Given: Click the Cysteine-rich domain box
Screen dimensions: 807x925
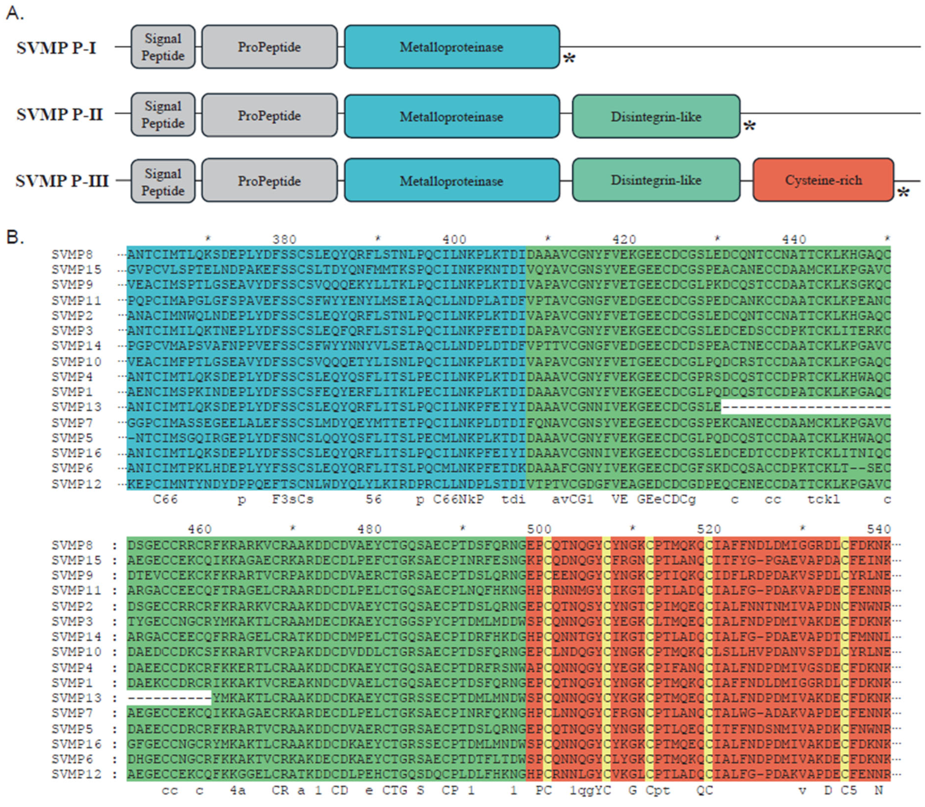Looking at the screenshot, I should click(x=823, y=180).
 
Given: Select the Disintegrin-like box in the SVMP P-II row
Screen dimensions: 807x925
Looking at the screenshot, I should click(x=656, y=117).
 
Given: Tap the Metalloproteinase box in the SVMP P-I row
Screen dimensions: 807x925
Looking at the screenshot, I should click(x=451, y=47).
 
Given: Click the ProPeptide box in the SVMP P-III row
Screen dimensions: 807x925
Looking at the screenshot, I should click(x=269, y=181).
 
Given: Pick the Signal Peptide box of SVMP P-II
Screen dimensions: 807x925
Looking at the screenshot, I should click(x=163, y=115).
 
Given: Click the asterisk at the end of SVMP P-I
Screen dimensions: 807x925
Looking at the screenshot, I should click(x=569, y=59).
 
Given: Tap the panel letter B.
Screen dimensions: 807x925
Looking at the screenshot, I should click(x=14, y=237).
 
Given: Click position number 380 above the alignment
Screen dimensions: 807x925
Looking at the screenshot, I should click(x=284, y=239).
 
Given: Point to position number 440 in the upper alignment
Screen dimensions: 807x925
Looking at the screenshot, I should click(x=794, y=239).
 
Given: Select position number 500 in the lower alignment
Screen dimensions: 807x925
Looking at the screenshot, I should click(x=539, y=529).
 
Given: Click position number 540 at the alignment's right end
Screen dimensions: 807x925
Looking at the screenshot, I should click(x=879, y=529).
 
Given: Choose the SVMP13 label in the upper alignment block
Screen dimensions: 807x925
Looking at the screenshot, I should click(x=76, y=407).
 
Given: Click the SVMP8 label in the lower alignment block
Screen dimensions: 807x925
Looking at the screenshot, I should click(x=72, y=545).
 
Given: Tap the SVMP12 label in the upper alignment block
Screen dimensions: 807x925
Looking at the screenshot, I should click(x=76, y=484).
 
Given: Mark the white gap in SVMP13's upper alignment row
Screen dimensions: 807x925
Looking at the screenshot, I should click(x=806, y=407).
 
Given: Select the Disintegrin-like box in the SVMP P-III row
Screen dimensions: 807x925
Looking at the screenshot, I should click(x=656, y=180).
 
